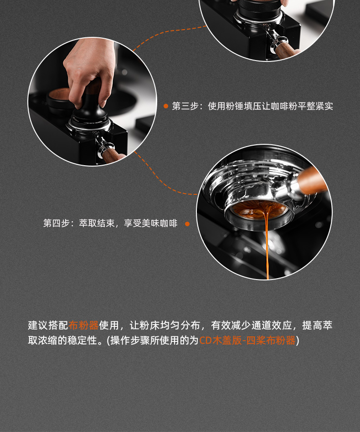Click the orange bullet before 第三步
(166, 106)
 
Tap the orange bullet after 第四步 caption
(187, 224)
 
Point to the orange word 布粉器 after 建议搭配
(83, 325)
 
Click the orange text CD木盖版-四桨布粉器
(247, 341)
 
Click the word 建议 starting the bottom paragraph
(38, 325)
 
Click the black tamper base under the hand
(89, 116)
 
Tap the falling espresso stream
(267, 243)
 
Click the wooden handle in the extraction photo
(312, 180)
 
